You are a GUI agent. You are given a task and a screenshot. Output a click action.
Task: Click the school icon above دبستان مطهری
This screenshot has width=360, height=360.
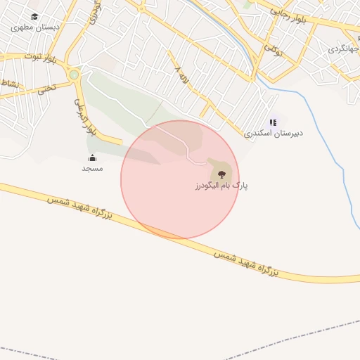(x=34, y=16)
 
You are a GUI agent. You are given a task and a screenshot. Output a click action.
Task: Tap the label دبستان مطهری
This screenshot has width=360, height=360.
(x=34, y=27)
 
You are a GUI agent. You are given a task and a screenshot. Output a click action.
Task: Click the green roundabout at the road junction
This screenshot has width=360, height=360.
(x=74, y=74)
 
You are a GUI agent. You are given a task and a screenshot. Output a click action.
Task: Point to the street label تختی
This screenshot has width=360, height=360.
(x=46, y=89)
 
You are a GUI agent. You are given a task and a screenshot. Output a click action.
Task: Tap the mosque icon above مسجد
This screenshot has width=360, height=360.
(x=92, y=158)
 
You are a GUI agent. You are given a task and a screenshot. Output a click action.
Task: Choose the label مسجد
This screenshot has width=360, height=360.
(x=92, y=169)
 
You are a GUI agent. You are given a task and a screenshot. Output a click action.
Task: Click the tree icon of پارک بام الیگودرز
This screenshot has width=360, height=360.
(x=221, y=174)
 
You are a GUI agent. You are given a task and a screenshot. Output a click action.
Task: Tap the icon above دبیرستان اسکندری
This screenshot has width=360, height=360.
(x=272, y=122)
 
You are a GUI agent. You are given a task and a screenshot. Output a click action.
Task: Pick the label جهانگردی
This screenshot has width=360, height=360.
(x=344, y=50)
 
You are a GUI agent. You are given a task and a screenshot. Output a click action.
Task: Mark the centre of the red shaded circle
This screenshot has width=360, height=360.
(x=180, y=179)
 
